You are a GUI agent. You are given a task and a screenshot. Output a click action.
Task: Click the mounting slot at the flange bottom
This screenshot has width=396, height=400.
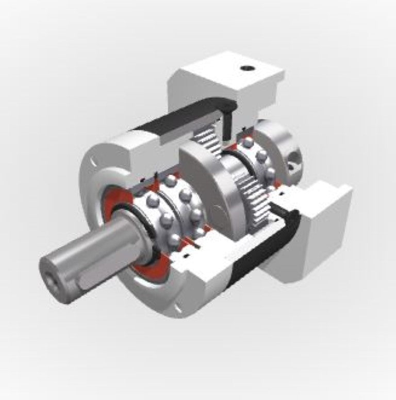178,309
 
